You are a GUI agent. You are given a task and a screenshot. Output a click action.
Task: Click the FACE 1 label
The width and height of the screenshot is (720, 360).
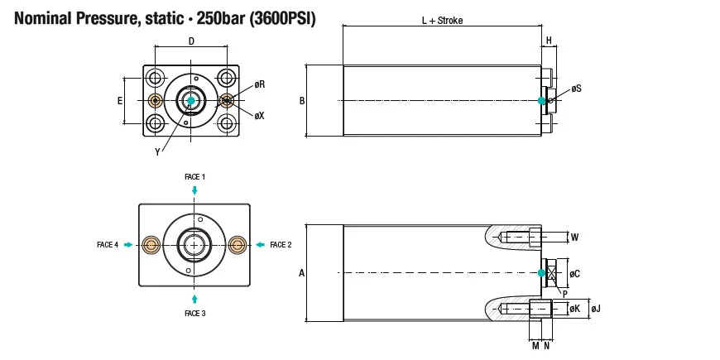pos(194,177)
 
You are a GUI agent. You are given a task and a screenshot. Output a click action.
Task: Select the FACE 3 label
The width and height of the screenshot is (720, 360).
pos(194,314)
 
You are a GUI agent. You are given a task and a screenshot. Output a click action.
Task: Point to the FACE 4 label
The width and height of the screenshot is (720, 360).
pos(108,245)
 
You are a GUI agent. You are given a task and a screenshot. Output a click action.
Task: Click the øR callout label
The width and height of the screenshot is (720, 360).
pos(260,84)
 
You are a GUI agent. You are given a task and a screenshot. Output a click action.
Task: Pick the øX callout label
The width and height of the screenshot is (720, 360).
pos(260,116)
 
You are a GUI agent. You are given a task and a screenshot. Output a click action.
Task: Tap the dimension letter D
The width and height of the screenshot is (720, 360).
pos(191,41)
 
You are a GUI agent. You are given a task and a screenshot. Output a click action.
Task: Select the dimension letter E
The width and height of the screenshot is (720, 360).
pos(119,100)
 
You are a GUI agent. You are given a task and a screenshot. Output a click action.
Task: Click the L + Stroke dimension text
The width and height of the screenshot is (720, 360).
pos(442,22)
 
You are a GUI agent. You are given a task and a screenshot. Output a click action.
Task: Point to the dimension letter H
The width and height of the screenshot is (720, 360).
pos(549,41)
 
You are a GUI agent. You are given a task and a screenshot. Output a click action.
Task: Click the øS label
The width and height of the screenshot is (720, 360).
pos(576,89)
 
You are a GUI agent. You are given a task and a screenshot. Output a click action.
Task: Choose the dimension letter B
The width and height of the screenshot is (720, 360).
pos(302,101)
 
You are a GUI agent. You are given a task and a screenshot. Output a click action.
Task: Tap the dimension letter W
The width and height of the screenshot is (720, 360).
pos(575,238)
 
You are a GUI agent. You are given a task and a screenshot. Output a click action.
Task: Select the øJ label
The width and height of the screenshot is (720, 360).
pos(596,310)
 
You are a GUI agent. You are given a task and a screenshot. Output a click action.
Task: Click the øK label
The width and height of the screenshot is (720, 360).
pos(574,310)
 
